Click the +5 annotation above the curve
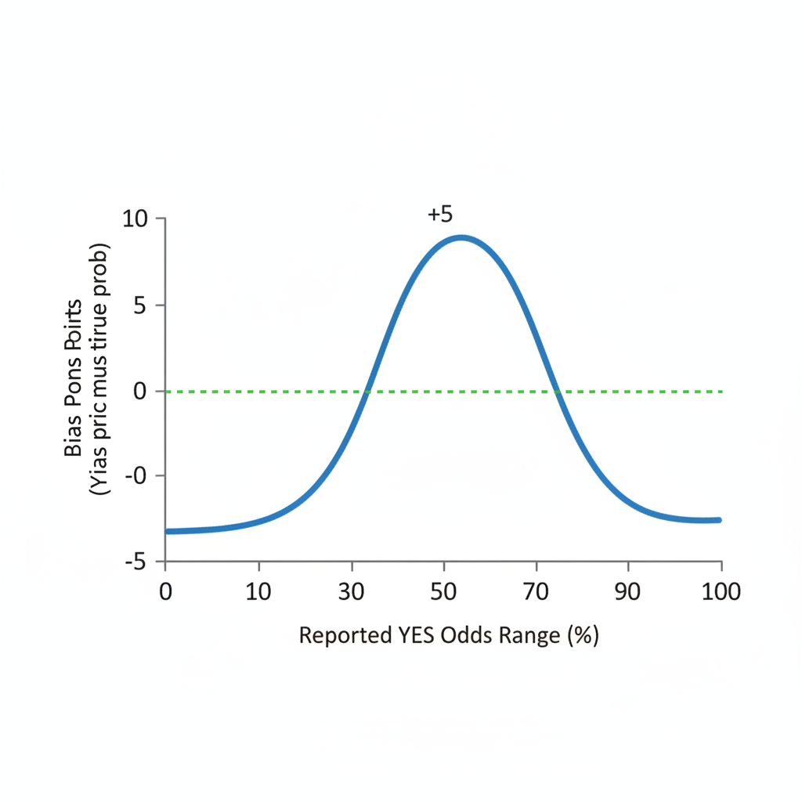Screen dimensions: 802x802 pyautogui.click(x=440, y=213)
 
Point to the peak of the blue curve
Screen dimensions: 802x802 pyautogui.click(x=461, y=237)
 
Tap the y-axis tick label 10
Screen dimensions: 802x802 pyautogui.click(x=135, y=219)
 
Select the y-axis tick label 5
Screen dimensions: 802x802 pyautogui.click(x=142, y=305)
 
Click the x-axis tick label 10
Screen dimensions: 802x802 pyautogui.click(x=258, y=592)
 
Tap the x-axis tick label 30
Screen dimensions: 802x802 pyautogui.click(x=352, y=592)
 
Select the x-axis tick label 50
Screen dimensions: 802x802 pyautogui.click(x=444, y=592)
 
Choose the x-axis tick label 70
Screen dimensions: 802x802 pyautogui.click(x=536, y=592)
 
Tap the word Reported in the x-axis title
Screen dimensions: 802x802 pyautogui.click(x=341, y=636)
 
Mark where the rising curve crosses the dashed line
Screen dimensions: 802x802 pyautogui.click(x=366, y=391)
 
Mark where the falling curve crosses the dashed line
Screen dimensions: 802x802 pyautogui.click(x=558, y=391)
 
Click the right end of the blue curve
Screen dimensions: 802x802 pyautogui.click(x=718, y=520)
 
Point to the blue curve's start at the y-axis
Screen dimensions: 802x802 pyautogui.click(x=168, y=531)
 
